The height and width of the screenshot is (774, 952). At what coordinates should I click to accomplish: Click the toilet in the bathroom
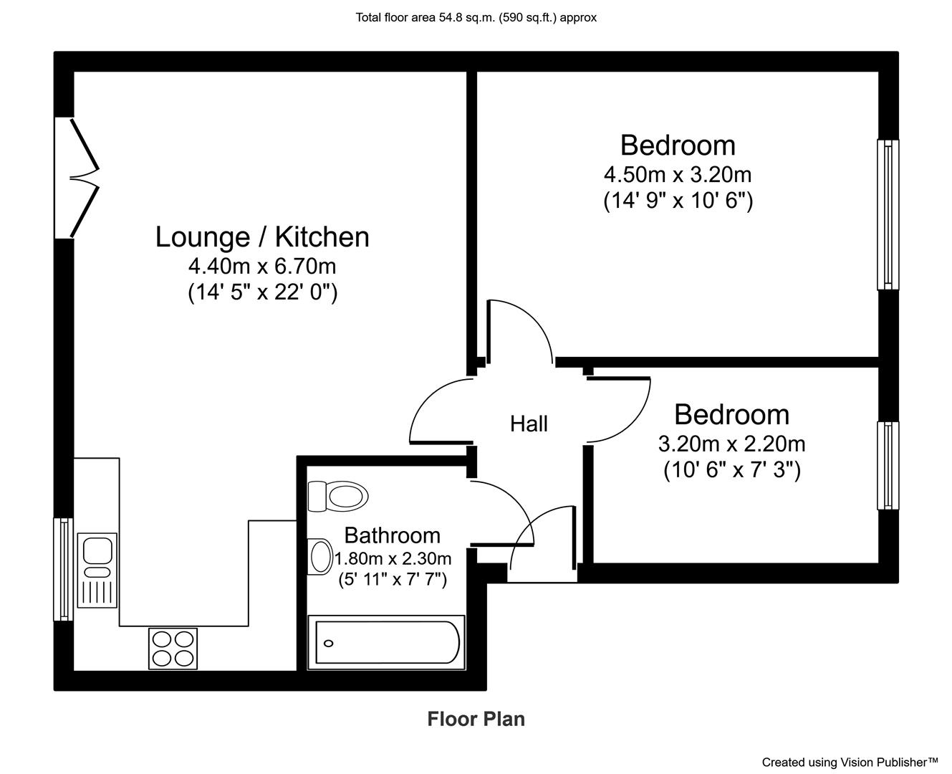[x=338, y=496]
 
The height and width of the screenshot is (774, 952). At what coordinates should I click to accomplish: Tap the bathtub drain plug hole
[x=329, y=644]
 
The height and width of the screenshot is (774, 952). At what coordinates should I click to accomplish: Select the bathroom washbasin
[x=320, y=556]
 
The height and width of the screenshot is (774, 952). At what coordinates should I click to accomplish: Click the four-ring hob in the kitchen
[x=173, y=649]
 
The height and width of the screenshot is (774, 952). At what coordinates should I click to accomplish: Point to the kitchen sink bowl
[x=98, y=550]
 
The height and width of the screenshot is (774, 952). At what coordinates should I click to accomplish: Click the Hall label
[x=529, y=424]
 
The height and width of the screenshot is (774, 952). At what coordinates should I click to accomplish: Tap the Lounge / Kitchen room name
[x=262, y=237]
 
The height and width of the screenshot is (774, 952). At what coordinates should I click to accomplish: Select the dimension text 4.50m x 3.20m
[x=678, y=175]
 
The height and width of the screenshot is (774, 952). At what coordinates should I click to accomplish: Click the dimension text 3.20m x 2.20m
[x=731, y=444]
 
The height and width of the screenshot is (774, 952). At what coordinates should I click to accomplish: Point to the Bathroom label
[x=393, y=535]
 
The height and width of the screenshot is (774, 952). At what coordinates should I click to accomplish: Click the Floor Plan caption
[x=476, y=719]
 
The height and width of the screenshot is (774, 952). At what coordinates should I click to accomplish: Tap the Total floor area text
[x=476, y=17]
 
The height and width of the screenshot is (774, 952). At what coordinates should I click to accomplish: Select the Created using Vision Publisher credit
[x=850, y=762]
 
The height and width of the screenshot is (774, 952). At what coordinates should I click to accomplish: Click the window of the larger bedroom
[x=888, y=214]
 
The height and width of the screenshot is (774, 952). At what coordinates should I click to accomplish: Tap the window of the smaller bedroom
[x=888, y=465]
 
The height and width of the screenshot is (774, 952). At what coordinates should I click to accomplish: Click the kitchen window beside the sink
[x=64, y=569]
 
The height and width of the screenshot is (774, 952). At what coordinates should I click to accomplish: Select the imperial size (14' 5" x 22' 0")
[x=262, y=292]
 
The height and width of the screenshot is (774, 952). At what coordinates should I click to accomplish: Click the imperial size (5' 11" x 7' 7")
[x=393, y=580]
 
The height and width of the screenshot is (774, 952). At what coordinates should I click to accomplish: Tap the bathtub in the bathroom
[x=386, y=642]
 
